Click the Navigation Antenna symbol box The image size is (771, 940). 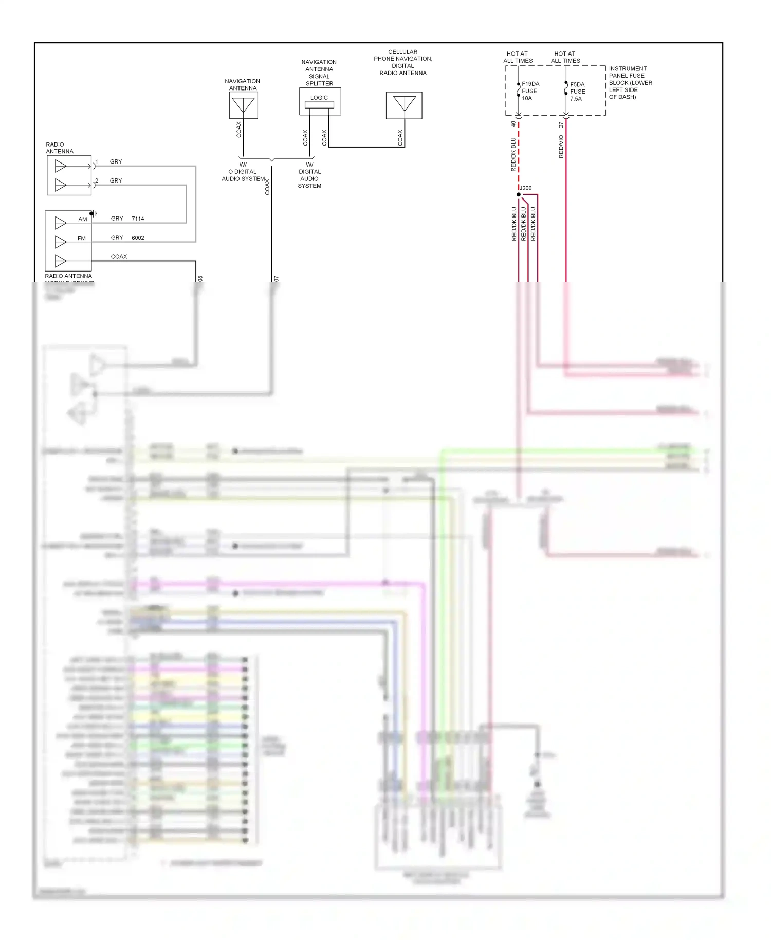point(243,105)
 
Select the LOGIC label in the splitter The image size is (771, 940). point(319,98)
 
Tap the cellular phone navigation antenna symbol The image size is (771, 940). point(404,105)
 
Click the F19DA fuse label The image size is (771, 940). point(530,84)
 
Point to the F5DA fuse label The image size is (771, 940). point(577,84)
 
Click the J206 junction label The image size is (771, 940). point(526,188)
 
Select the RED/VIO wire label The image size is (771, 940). point(561,147)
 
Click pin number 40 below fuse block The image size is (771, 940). point(513,124)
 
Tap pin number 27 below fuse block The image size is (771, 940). point(561,124)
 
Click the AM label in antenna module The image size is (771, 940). point(82,219)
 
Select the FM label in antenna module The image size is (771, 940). point(82,238)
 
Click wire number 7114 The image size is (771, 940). point(138,219)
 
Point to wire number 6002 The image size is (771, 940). point(138,238)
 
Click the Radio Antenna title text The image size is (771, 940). point(59,148)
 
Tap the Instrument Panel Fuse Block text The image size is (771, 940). point(630,82)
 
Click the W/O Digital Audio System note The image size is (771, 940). point(243,172)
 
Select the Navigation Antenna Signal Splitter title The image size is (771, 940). point(319,73)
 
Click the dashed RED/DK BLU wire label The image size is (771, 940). point(513,154)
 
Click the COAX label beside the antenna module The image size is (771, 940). point(119,256)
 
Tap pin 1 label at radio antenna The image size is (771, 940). point(97,162)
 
